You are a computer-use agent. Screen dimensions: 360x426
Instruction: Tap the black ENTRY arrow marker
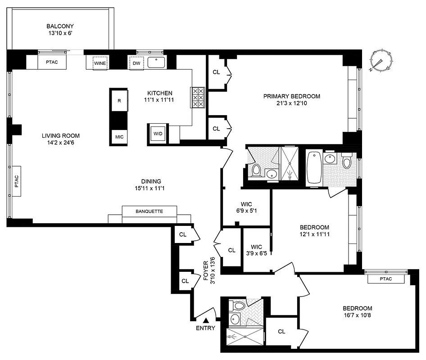point(206,320)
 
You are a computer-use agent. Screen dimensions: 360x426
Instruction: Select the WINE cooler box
point(100,63)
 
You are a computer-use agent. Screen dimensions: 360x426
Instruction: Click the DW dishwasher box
point(136,63)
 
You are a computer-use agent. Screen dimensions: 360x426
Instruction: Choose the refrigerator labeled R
point(119,101)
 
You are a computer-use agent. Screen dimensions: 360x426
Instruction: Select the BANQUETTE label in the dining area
point(149,211)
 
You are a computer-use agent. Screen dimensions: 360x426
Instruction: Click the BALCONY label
point(59,26)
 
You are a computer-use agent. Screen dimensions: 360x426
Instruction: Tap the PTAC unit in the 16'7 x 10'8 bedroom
point(385,279)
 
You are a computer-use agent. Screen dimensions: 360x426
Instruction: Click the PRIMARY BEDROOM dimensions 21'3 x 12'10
point(291,103)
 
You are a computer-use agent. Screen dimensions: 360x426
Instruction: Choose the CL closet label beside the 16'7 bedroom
point(281,332)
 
